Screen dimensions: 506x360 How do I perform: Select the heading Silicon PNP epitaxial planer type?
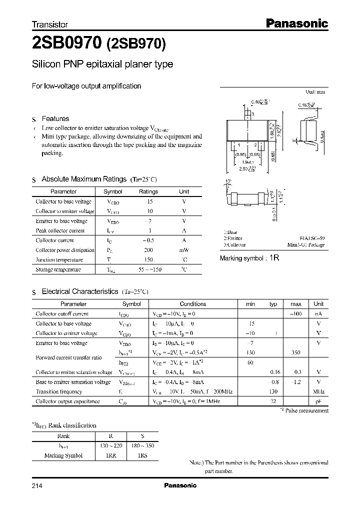102,64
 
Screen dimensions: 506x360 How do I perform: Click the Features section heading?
55,118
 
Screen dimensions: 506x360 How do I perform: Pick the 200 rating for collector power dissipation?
148,250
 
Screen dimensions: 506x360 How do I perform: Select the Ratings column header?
148,191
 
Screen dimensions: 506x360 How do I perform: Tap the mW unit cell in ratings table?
184,250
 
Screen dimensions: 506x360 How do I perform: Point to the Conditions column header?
192,303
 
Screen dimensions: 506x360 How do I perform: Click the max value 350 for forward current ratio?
295,352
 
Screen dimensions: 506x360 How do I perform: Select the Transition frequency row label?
58,391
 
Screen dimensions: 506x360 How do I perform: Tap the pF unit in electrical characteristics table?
318,401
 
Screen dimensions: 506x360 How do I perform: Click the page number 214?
37,485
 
